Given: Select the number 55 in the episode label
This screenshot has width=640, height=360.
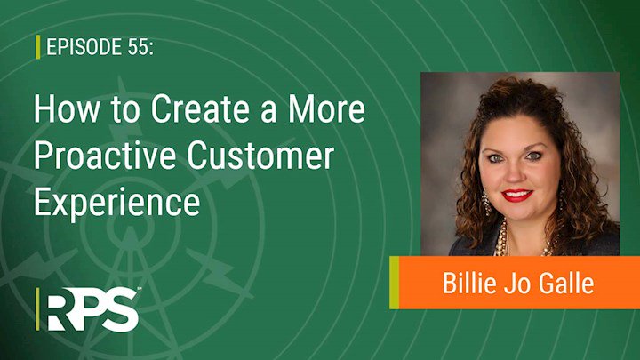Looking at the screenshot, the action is (138, 46).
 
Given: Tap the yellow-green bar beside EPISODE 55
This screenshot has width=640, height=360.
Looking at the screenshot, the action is (38, 46).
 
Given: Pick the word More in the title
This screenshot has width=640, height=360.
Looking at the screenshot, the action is (326, 109).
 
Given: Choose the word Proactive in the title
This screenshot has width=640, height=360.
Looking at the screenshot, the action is (105, 156).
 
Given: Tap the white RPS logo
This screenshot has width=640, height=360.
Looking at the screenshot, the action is (93, 309).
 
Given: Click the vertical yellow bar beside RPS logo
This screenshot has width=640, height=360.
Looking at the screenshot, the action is (37, 309).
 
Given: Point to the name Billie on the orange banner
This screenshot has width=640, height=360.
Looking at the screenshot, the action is (468, 283).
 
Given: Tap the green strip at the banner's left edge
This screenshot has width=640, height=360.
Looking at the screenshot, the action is (394, 283).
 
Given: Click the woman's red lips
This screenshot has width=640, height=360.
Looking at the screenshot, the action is (517, 195).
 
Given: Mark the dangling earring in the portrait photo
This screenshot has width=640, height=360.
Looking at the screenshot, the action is (486, 203).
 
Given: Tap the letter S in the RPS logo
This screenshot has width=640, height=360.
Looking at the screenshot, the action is (121, 309).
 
